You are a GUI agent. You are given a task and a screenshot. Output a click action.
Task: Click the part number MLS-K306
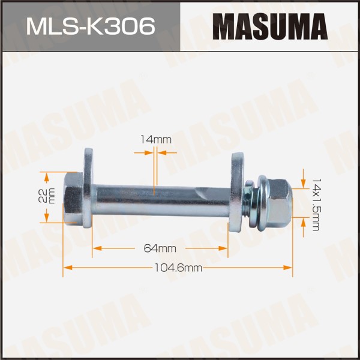[x=91, y=26]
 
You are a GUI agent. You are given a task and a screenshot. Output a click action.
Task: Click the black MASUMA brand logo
[x=270, y=26]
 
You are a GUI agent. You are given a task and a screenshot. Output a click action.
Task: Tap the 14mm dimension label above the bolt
[x=156, y=140]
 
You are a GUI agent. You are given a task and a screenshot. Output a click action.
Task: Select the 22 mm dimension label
[x=47, y=196]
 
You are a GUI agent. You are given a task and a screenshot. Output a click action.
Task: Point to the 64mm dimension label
[x=160, y=248]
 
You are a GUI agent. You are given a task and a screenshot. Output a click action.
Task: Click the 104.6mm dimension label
[x=178, y=268]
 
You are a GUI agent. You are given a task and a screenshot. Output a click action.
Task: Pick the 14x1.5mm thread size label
[x=316, y=205]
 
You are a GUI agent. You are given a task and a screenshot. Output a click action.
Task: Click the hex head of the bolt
[x=73, y=198]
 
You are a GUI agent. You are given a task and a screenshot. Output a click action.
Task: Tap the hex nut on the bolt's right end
[x=278, y=203]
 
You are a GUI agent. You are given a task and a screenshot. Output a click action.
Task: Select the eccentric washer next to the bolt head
[x=88, y=188]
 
